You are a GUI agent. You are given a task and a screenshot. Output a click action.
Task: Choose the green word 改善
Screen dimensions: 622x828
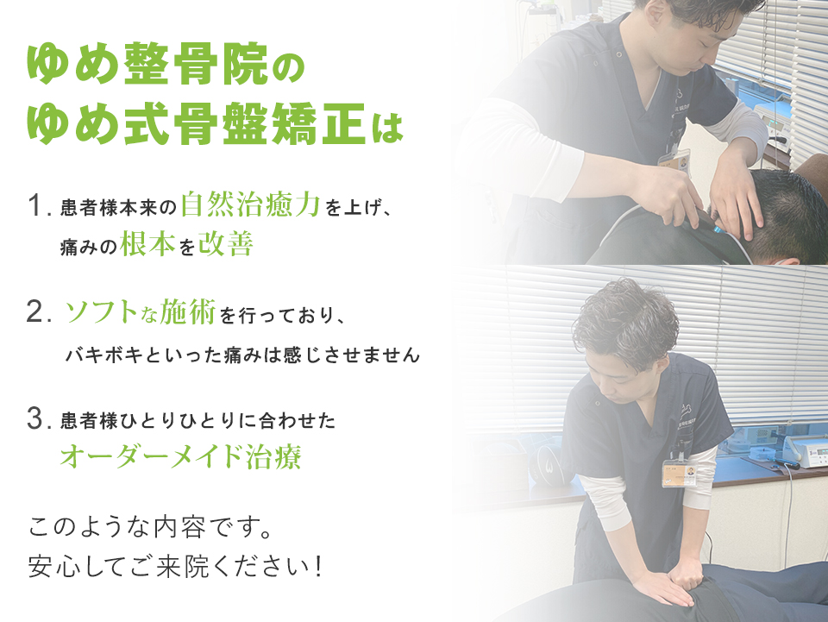tap(225, 245)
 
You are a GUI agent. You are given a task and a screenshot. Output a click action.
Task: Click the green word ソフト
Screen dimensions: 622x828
tap(98, 314)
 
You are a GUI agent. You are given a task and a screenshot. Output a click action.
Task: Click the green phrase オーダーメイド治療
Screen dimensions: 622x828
tap(180, 456)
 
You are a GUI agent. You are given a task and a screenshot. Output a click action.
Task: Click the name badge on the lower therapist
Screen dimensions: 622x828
tap(680, 471)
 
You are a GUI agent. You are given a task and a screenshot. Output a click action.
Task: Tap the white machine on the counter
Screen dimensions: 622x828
tap(801, 450)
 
